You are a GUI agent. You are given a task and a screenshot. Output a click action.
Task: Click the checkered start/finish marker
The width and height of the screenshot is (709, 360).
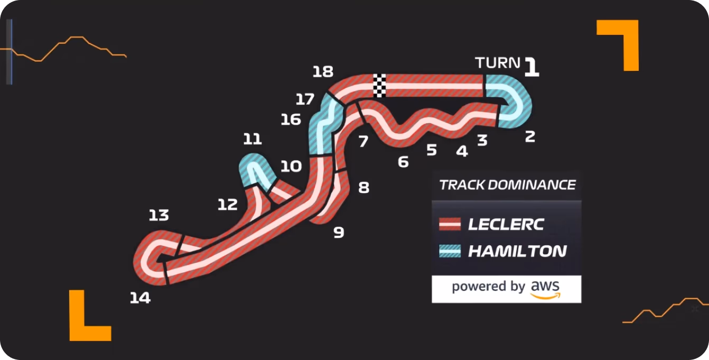tap(379, 86)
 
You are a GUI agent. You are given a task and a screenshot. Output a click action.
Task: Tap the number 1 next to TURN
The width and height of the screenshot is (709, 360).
tap(531, 67)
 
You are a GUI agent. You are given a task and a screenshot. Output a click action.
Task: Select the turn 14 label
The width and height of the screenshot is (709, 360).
tap(140, 298)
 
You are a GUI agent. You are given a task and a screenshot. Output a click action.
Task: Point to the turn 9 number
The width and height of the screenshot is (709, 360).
tap(339, 233)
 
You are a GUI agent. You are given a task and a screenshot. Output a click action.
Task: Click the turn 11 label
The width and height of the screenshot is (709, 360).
tap(252, 139)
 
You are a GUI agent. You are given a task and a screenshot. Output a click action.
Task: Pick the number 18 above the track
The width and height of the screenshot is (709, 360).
tap(323, 71)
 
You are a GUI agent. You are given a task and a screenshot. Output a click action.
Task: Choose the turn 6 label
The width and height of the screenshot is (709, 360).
tap(403, 162)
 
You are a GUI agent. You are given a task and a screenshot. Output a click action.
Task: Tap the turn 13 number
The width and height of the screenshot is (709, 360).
tap(159, 215)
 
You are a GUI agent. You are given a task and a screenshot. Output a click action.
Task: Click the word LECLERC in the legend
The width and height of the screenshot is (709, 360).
tap(506, 224)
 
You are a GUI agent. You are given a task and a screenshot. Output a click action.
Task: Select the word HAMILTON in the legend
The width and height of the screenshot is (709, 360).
tap(517, 251)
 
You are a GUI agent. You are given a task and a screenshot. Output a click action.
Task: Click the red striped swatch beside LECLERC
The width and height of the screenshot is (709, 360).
tap(450, 224)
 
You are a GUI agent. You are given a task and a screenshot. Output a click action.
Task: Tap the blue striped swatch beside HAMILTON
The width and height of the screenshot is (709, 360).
tap(450, 251)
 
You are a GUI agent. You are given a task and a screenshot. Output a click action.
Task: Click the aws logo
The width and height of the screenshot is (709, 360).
tap(545, 289)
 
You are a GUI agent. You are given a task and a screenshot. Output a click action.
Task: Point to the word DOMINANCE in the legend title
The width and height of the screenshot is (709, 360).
tap(531, 185)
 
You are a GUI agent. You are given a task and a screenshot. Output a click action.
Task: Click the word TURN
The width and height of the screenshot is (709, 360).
tap(498, 63)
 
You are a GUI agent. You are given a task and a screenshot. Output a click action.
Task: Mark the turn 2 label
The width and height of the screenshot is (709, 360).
tap(530, 136)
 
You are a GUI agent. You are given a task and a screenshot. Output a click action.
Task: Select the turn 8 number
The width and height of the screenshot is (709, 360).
tap(363, 188)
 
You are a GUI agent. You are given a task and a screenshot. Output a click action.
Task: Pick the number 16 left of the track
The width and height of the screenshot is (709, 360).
tap(291, 119)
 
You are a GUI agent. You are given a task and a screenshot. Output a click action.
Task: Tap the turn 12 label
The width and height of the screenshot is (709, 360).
tap(228, 205)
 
